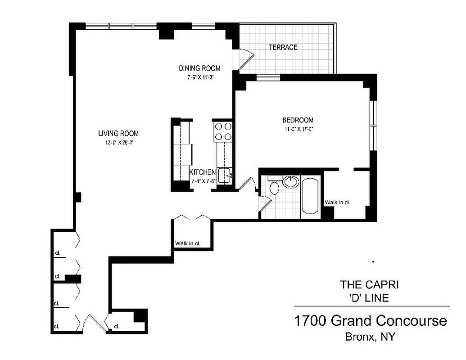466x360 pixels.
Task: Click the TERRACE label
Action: tap(283, 47)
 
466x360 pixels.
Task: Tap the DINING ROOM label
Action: tap(199, 68)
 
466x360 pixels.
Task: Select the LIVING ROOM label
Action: tap(118, 133)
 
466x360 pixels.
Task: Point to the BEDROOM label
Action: tap(298, 120)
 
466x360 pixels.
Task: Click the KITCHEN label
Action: tap(202, 172)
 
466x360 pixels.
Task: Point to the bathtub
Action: tap(310, 197)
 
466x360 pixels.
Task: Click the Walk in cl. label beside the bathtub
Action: tap(337, 202)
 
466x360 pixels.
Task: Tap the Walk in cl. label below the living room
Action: tap(187, 244)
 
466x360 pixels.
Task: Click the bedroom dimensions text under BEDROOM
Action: tap(298, 129)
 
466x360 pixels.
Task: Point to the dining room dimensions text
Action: tap(199, 77)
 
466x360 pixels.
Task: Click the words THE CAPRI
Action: tap(369, 284)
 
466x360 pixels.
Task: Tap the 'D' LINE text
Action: tap(369, 297)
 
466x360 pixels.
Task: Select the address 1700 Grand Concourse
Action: tap(370, 321)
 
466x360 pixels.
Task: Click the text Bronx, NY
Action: tap(370, 336)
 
